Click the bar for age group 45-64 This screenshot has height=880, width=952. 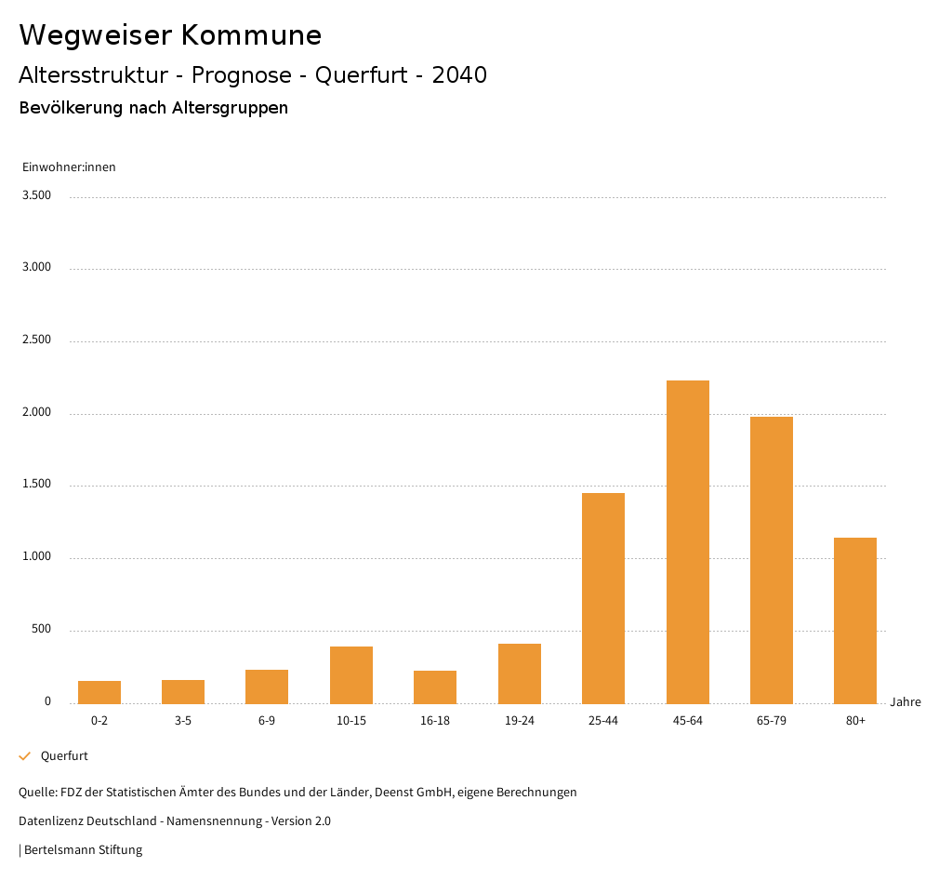[x=687, y=541]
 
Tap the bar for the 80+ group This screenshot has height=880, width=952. [x=854, y=620]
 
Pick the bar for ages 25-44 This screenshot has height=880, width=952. [x=602, y=597]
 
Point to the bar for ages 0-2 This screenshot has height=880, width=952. [x=99, y=692]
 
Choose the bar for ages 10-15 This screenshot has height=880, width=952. [x=350, y=674]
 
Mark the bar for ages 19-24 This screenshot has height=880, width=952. [x=519, y=673]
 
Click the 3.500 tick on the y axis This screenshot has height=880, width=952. [x=36, y=195]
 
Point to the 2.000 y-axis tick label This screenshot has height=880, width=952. [x=36, y=412]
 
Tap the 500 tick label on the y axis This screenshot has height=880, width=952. [x=41, y=629]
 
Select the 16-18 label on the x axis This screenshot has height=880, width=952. [x=435, y=721]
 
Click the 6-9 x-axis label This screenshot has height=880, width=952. [x=267, y=721]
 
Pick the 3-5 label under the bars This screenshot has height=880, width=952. [x=183, y=721]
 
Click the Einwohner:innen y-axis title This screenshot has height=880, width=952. [x=69, y=167]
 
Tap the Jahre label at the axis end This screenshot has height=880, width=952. [x=905, y=701]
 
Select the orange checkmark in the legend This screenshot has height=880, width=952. [x=25, y=756]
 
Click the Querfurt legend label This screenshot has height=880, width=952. [x=64, y=756]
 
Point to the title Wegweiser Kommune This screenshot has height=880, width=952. [x=170, y=35]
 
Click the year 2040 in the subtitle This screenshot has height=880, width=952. [x=459, y=75]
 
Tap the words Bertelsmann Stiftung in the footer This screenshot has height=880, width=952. [x=83, y=850]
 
